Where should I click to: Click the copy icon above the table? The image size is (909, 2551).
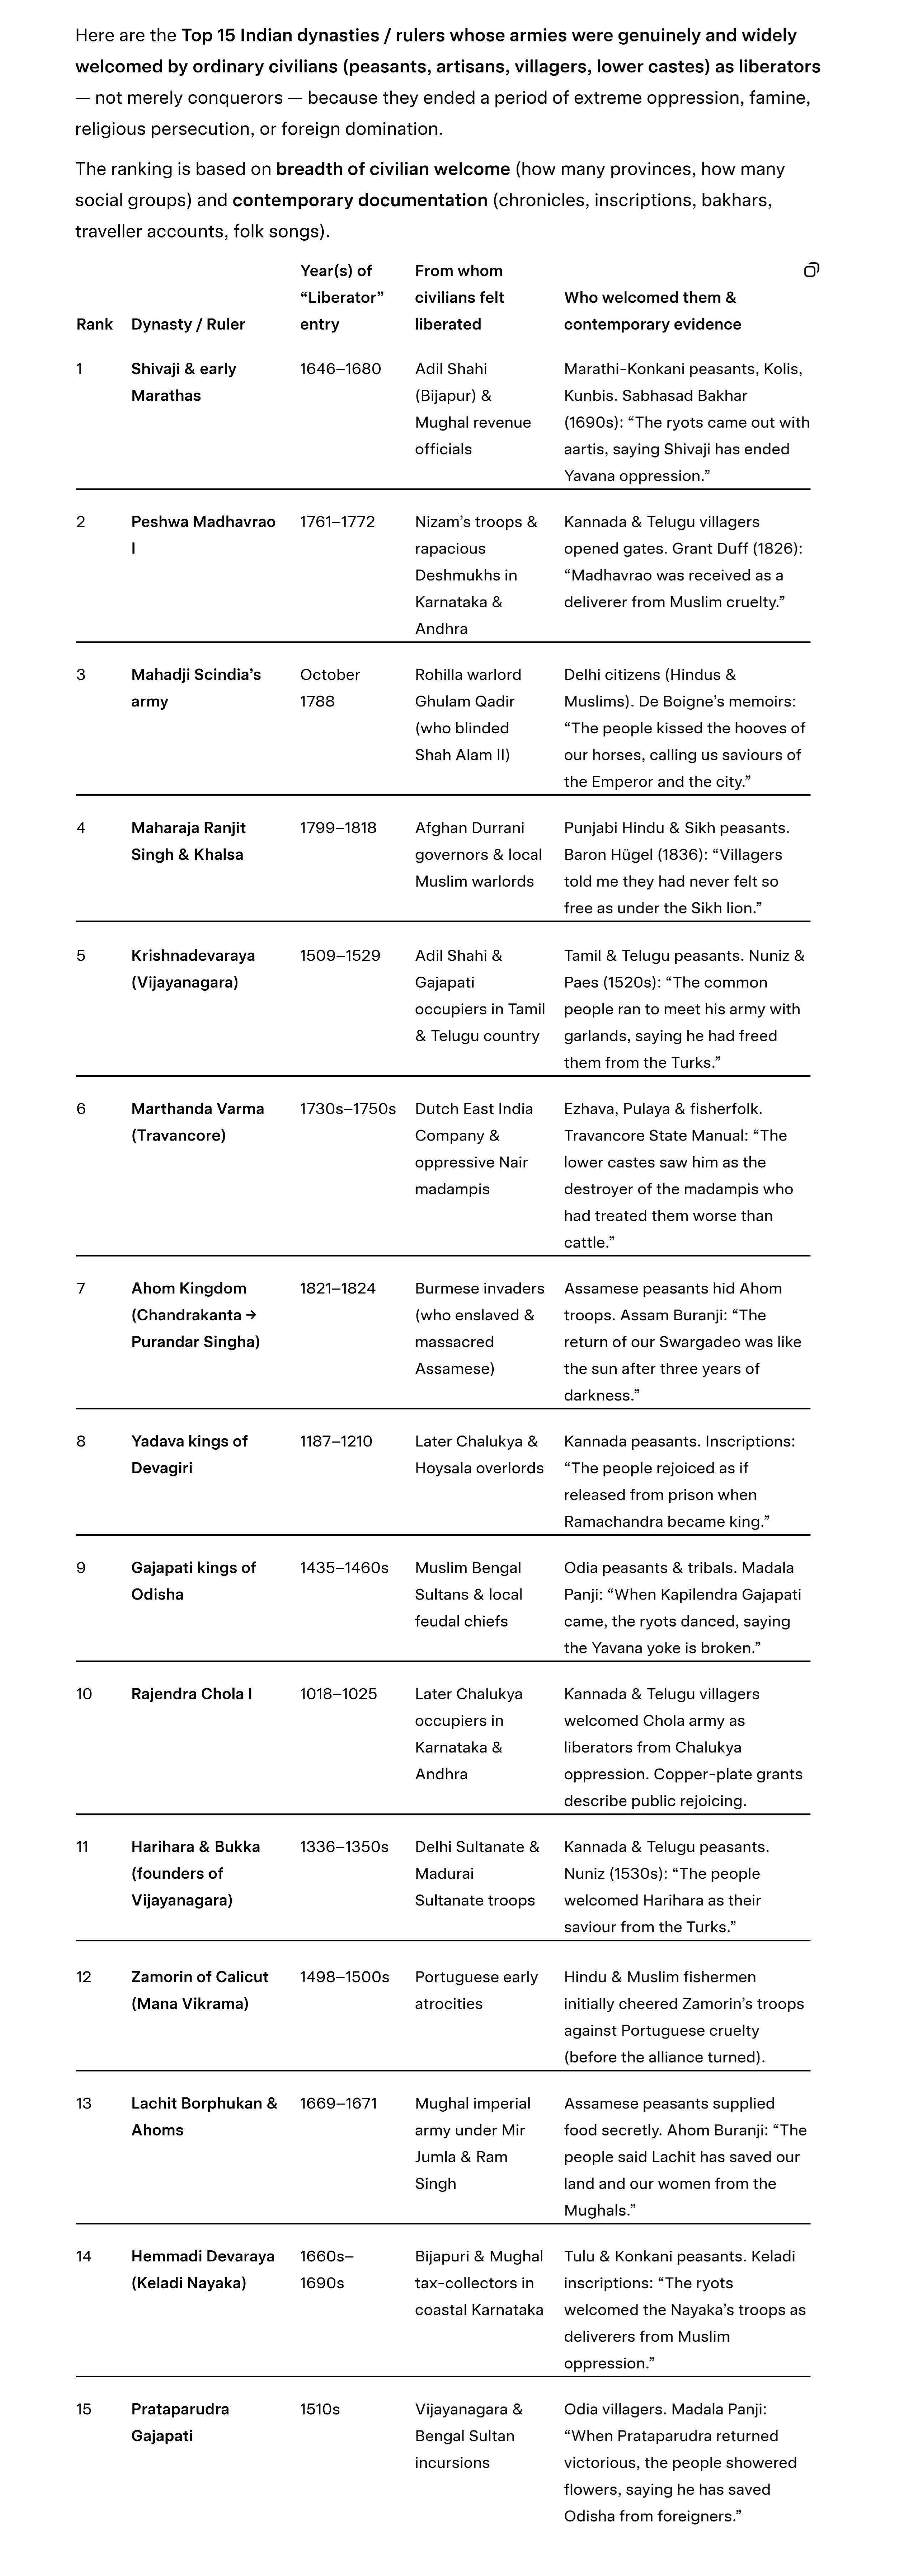pos(811,270)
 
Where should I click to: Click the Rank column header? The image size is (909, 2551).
pos(94,324)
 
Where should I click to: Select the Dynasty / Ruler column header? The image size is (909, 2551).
pos(188,324)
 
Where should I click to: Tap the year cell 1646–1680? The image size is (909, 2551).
pos(340,368)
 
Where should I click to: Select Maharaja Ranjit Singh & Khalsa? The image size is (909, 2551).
pos(188,841)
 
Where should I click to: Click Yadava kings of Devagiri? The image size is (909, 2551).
pos(189,1454)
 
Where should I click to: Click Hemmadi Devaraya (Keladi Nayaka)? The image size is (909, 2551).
pos(202,2269)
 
